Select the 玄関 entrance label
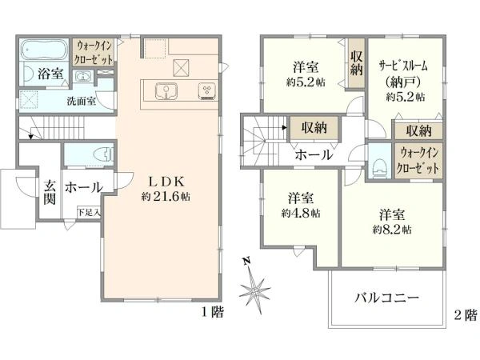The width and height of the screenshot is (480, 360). [49, 192]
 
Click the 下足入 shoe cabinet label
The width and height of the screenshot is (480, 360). [88, 212]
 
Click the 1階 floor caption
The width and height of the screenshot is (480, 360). [213, 313]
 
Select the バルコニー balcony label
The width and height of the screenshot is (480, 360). [386, 298]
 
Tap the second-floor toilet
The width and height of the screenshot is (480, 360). [380, 166]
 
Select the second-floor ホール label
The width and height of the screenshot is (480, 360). [314, 155]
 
